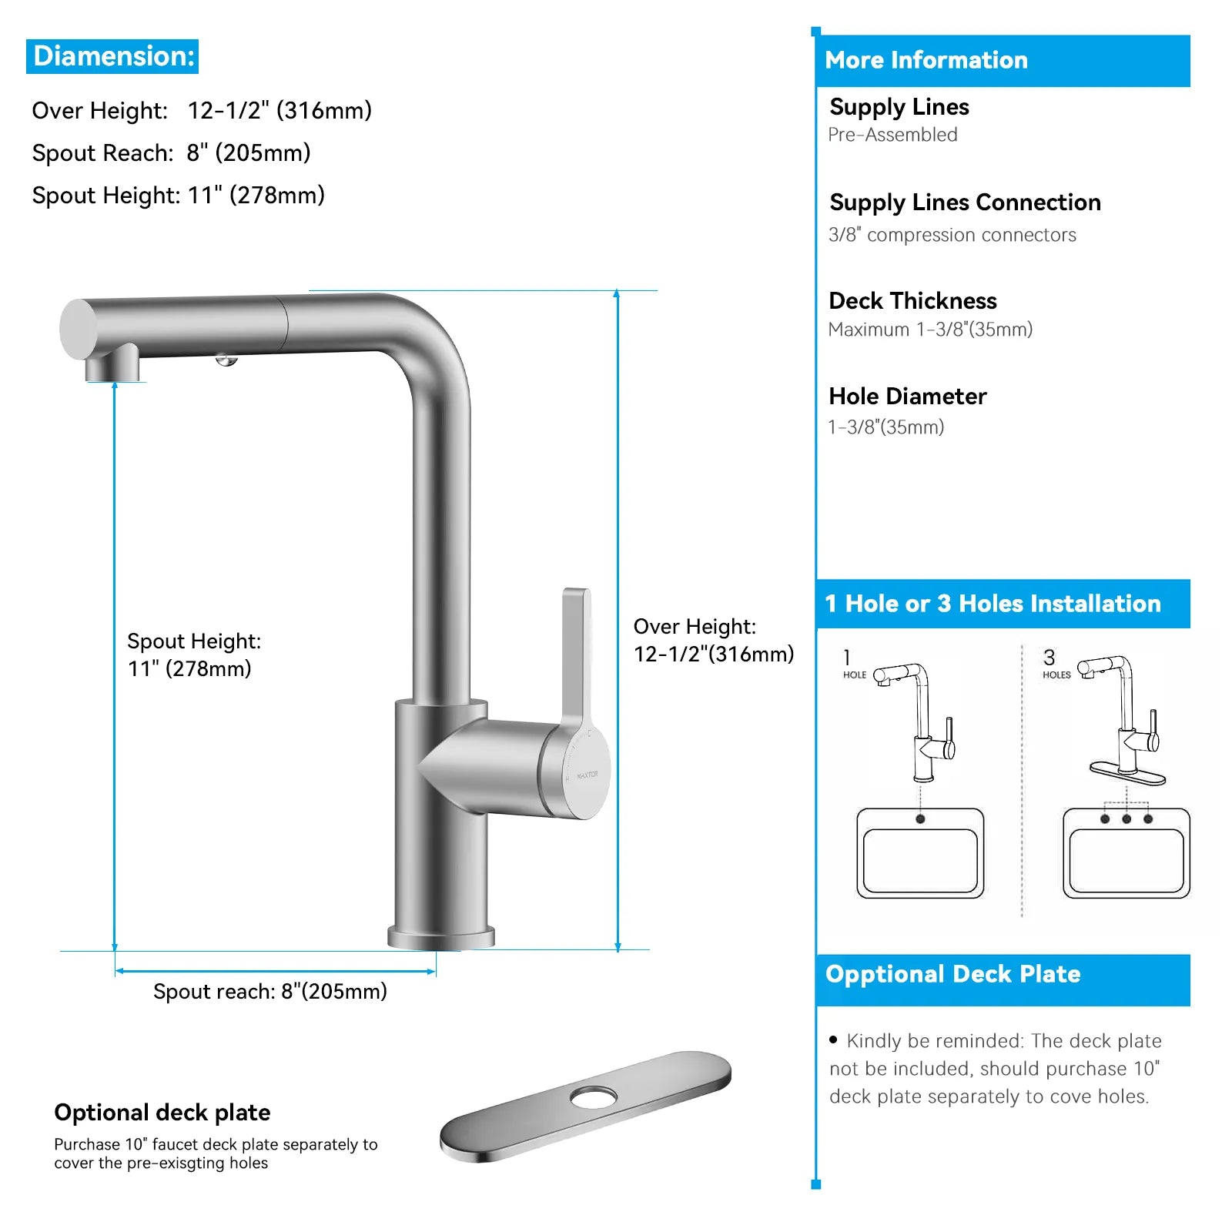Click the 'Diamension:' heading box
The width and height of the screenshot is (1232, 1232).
click(x=112, y=56)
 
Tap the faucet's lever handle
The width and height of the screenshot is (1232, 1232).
click(x=576, y=654)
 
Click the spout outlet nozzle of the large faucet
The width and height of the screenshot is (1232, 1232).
click(x=112, y=367)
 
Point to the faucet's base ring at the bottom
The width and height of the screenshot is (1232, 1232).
click(x=440, y=938)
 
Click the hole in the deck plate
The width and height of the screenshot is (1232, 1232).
click(x=593, y=1096)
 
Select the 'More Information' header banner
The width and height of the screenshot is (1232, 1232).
click(x=1003, y=60)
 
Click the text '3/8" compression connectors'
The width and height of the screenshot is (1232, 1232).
click(x=952, y=235)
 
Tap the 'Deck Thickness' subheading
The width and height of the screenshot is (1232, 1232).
click(x=912, y=300)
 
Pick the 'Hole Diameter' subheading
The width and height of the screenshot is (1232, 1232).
click(x=907, y=396)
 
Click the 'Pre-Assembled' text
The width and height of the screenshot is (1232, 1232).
click(x=892, y=135)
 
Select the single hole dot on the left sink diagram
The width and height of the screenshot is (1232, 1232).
click(x=920, y=819)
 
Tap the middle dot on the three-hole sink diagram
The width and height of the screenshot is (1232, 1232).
click(x=1127, y=819)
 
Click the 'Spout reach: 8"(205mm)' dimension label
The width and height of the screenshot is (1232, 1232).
click(x=269, y=991)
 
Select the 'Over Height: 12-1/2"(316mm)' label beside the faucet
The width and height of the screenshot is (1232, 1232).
click(x=712, y=640)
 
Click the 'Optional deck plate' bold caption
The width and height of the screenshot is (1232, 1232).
click(x=162, y=1112)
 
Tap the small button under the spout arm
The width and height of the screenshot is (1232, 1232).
click(x=226, y=360)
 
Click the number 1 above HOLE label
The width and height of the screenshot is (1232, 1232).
click(x=847, y=657)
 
